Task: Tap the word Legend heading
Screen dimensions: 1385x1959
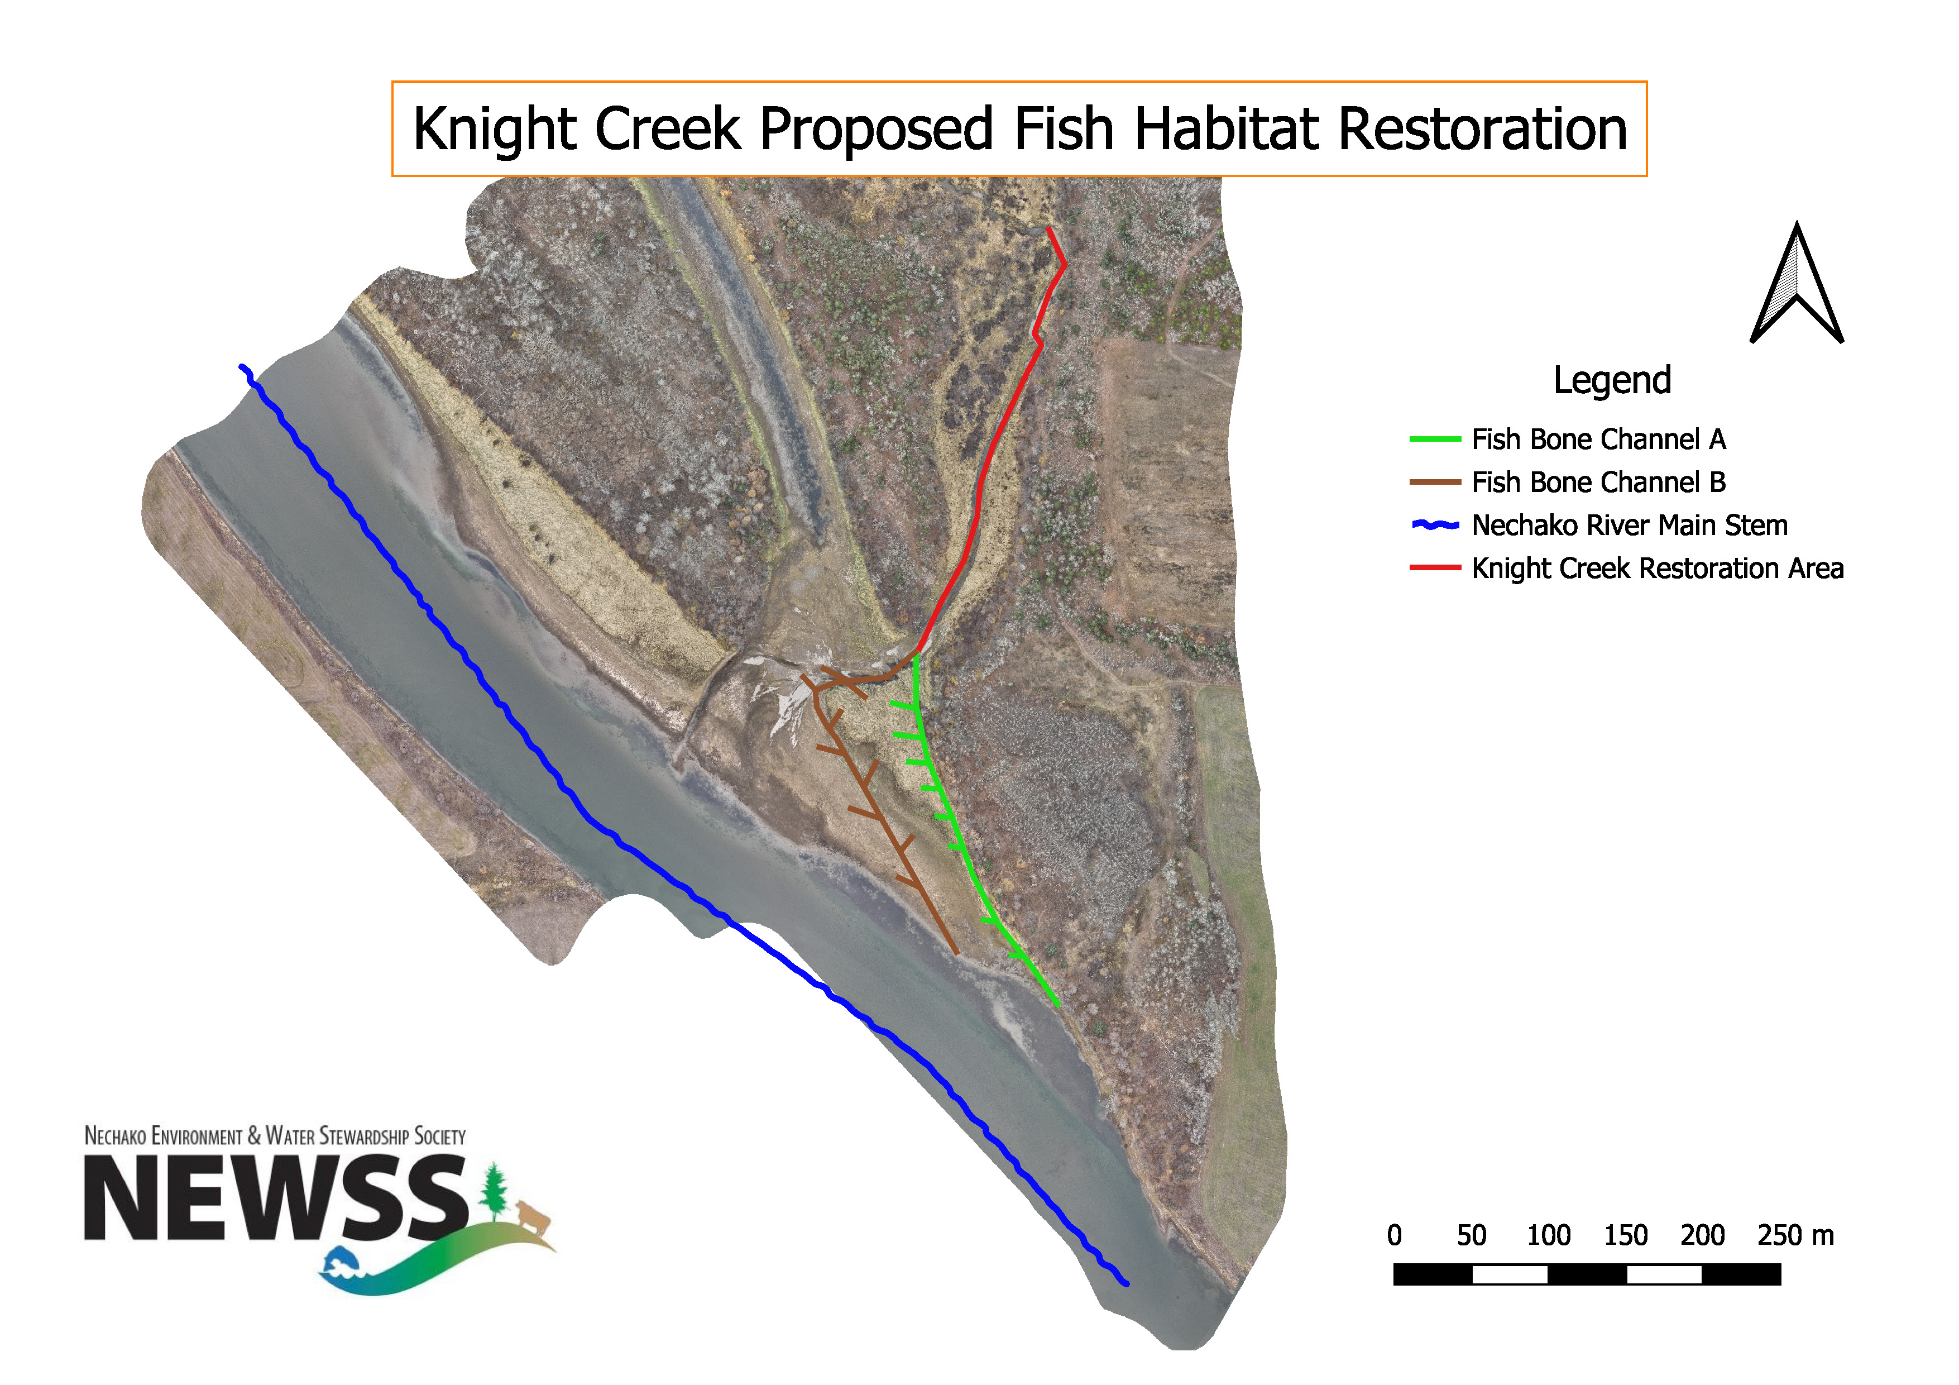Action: (x=1611, y=380)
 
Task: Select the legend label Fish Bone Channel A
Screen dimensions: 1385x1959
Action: (x=1598, y=440)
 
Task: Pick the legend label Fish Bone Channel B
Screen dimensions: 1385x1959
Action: (x=1598, y=482)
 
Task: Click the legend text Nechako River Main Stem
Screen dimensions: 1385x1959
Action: (x=1629, y=525)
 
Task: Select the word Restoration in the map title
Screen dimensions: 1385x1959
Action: (x=1482, y=130)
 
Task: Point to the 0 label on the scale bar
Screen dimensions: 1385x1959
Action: (x=1394, y=1235)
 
